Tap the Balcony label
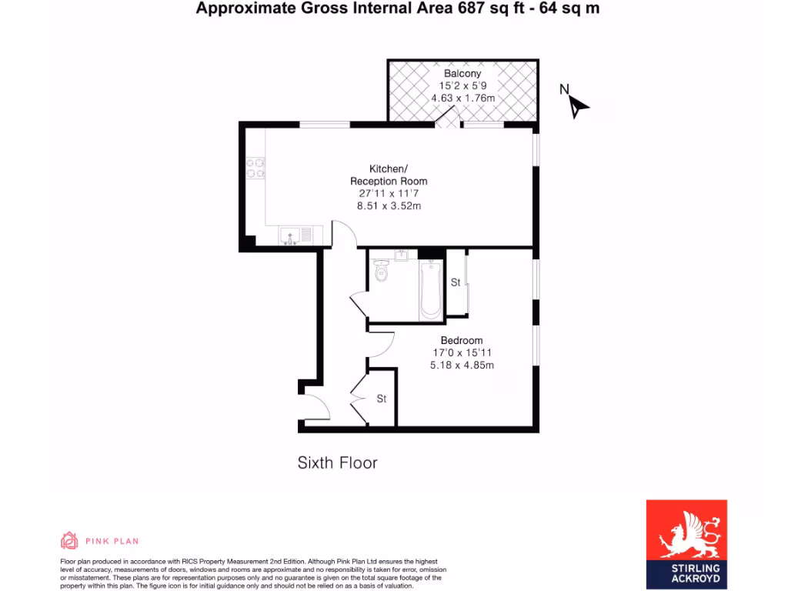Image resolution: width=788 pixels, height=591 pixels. coord(462,74)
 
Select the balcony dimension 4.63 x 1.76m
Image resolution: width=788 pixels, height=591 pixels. coord(462,98)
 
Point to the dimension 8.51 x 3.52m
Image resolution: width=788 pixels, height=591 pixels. coord(389,206)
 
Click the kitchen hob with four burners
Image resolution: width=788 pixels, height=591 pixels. coord(255,168)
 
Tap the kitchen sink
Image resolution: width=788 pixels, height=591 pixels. coord(292,235)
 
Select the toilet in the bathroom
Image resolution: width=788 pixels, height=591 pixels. coord(382,271)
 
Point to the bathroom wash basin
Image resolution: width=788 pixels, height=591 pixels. coord(399,255)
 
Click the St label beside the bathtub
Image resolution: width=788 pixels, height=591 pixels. coord(455,282)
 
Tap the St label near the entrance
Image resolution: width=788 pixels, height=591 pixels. coord(381,399)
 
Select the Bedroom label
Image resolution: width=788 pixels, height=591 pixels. coord(462,341)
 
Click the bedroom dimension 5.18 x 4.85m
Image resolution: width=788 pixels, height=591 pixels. coord(462,366)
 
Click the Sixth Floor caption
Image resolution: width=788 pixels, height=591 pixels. coord(337,462)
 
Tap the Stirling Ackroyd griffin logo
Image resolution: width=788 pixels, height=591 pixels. coord(686,533)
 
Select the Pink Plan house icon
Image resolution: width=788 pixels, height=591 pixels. coord(69,540)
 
